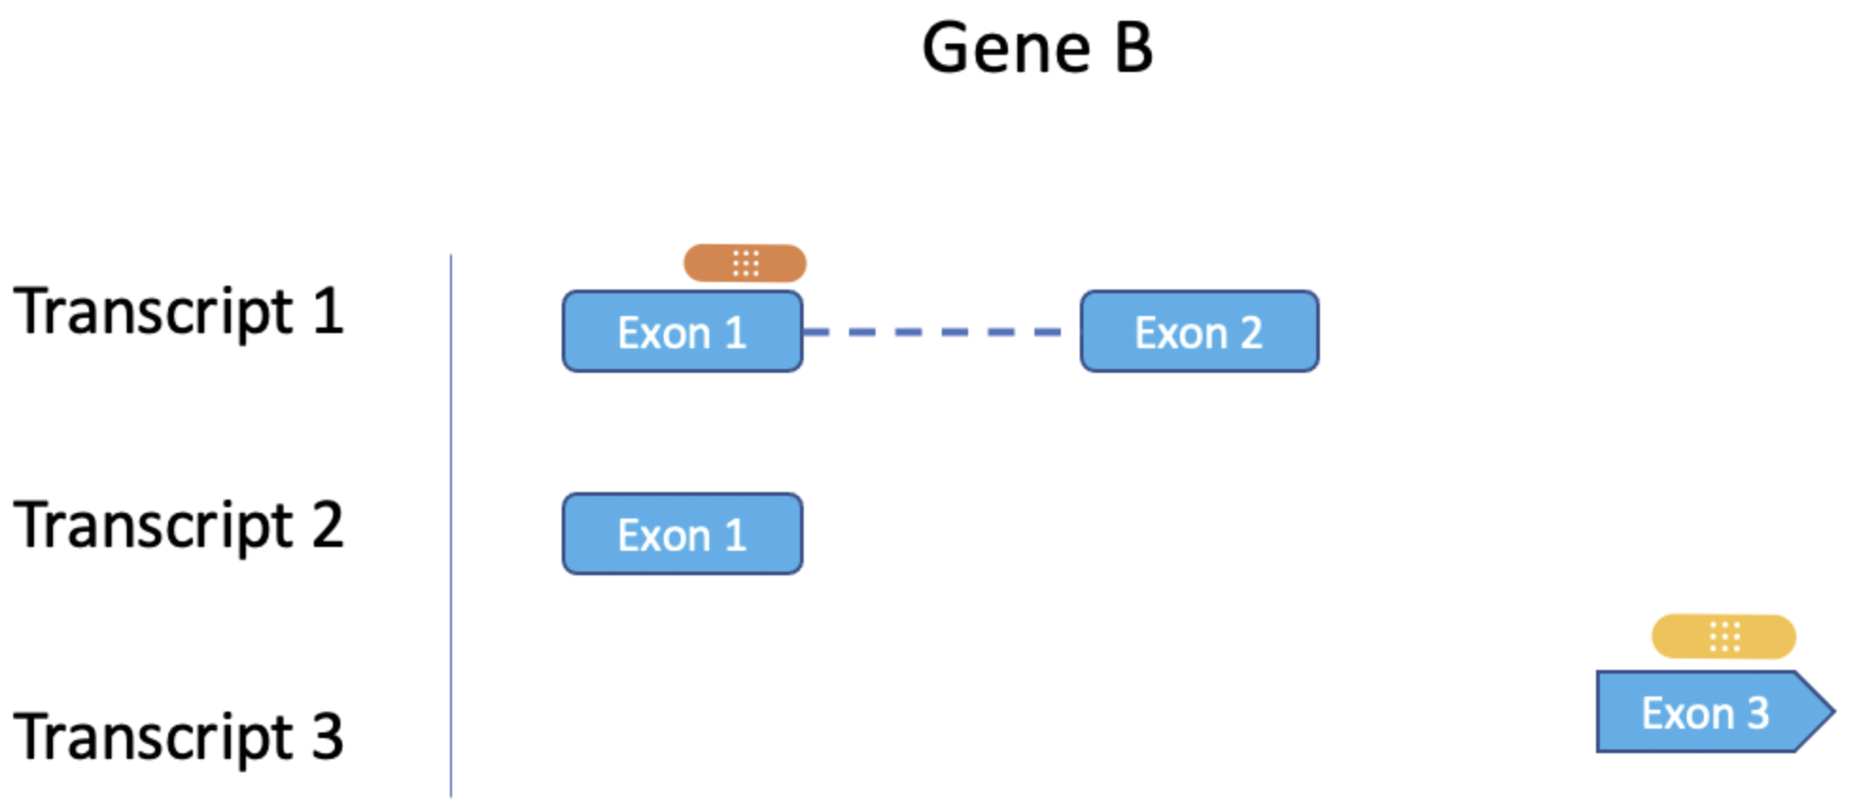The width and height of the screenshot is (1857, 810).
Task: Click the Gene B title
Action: point(1037,48)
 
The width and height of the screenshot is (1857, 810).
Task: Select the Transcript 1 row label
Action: point(179,313)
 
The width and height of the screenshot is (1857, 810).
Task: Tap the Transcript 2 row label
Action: point(179,526)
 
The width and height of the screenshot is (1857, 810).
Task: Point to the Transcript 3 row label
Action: point(179,738)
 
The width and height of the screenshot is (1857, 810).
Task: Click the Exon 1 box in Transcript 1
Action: point(683,331)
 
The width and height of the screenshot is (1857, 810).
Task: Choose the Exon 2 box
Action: point(1200,331)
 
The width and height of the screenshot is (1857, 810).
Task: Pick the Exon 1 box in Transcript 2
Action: point(683,534)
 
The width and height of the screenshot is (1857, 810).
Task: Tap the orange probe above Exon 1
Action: point(745,263)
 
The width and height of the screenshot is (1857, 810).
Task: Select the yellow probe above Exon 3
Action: point(1724,637)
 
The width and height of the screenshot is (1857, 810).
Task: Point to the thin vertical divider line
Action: point(451,526)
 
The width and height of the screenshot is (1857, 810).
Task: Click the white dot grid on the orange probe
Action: point(746,263)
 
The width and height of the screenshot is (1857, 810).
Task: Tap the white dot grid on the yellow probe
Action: point(1725,637)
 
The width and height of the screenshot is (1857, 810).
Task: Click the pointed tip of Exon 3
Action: point(1834,712)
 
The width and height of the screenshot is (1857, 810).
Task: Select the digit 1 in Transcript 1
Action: point(328,311)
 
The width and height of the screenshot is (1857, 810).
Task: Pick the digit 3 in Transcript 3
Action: point(327,737)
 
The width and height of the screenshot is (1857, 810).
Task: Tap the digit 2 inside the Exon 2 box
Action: point(1251,333)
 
